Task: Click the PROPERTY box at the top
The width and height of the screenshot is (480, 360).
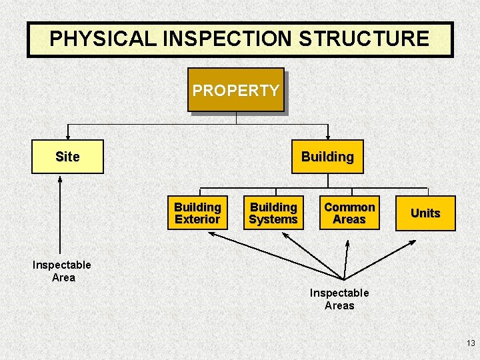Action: [x=236, y=90]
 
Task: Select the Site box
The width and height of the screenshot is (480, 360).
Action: [x=67, y=157]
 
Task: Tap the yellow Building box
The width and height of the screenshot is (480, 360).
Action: [x=327, y=157]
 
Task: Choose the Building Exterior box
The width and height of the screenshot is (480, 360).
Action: [x=197, y=213]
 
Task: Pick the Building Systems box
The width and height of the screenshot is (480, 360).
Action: [x=273, y=213]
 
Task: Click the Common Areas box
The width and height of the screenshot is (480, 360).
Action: [x=349, y=213]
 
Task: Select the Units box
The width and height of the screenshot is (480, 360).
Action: [x=425, y=213]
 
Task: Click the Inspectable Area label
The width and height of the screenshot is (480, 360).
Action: [x=62, y=271]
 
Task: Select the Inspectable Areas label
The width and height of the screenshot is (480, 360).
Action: [x=339, y=299]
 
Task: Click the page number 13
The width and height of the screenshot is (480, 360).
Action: [x=471, y=343]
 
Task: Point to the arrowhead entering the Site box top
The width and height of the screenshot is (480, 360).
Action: [x=67, y=136]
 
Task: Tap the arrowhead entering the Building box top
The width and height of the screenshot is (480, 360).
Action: [x=327, y=136]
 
